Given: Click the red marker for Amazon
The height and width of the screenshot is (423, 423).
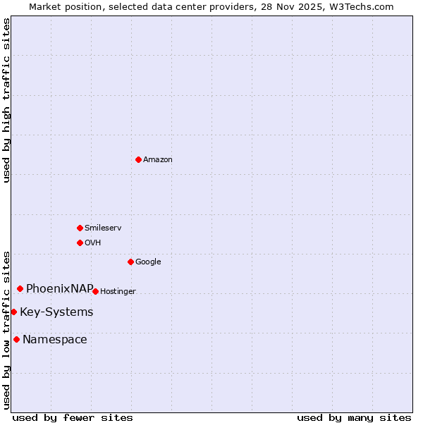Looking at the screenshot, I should pyautogui.click(x=138, y=159).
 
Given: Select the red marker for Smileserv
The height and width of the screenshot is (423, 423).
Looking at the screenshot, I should pyautogui.click(x=80, y=228).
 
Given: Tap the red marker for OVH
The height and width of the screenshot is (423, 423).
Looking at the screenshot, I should pyautogui.click(x=80, y=243).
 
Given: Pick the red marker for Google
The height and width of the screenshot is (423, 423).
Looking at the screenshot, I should pyautogui.click(x=130, y=262).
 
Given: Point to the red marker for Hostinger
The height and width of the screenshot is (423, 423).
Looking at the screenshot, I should pyautogui.click(x=95, y=291).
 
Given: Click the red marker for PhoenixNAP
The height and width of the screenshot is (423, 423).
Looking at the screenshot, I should pyautogui.click(x=20, y=288).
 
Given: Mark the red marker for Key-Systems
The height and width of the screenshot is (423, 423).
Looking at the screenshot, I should pyautogui.click(x=13, y=312).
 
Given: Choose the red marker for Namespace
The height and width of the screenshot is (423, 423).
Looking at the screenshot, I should pyautogui.click(x=16, y=339).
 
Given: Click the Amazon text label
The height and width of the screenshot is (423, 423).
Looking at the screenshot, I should pyautogui.click(x=158, y=160).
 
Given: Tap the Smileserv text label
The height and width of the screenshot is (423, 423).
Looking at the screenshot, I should pyautogui.click(x=103, y=228).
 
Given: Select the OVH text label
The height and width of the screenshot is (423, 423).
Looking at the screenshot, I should pyautogui.click(x=93, y=243).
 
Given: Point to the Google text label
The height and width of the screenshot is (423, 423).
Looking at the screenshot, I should pyautogui.click(x=148, y=262).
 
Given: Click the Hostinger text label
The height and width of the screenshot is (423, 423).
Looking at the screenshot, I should pyautogui.click(x=118, y=292).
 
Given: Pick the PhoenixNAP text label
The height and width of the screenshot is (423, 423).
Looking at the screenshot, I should pyautogui.click(x=60, y=288).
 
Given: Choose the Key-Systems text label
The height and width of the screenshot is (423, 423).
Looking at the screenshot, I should pyautogui.click(x=56, y=312).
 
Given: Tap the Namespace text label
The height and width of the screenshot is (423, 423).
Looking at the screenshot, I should pyautogui.click(x=55, y=340).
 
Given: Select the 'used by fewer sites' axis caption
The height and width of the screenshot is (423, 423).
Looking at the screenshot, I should pyautogui.click(x=73, y=417).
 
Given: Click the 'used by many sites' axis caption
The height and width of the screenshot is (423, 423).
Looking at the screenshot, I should pyautogui.click(x=354, y=417).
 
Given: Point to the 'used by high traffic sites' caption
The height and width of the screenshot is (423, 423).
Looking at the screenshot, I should pyautogui.click(x=6, y=100).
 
